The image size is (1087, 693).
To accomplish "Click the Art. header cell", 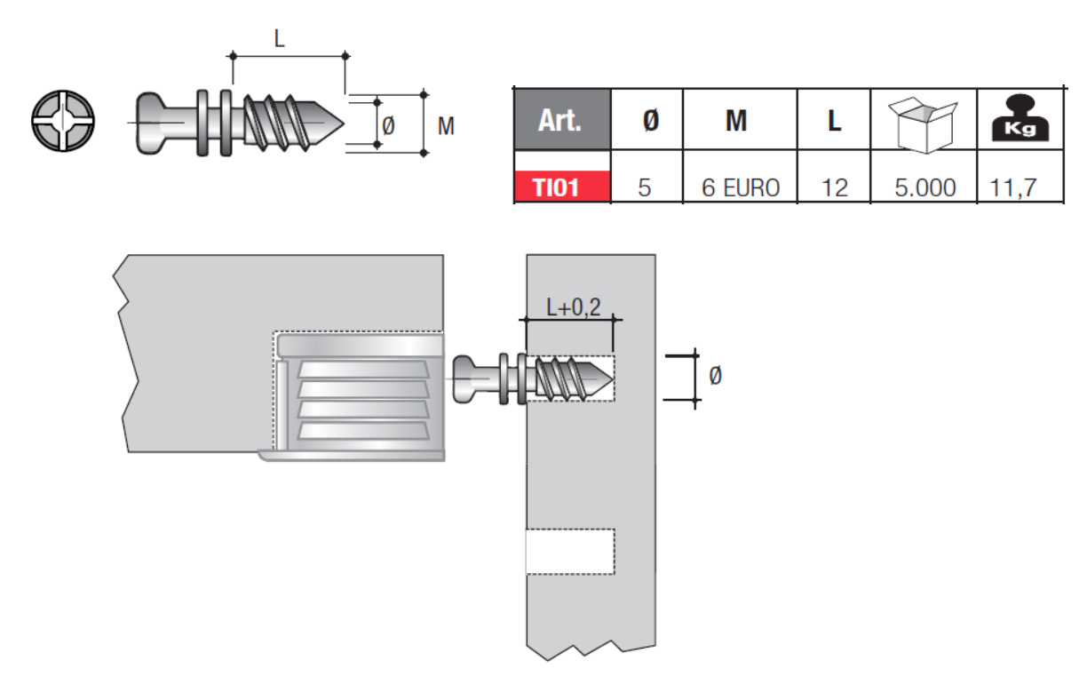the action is pyautogui.click(x=562, y=119).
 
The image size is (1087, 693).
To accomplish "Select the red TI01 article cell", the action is pyautogui.click(x=562, y=187).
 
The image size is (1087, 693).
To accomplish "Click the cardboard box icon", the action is pyautogui.click(x=923, y=124).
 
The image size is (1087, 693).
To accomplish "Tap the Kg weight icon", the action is pyautogui.click(x=1020, y=118).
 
